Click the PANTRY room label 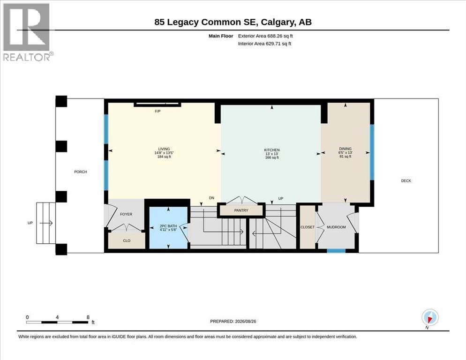pyautogui.click(x=241, y=210)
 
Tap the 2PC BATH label pyautogui.click(x=168, y=226)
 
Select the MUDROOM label pyautogui.click(x=336, y=227)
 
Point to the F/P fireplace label pyautogui.click(x=158, y=111)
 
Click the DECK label pyautogui.click(x=406, y=181)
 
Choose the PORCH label pyautogui.click(x=81, y=172)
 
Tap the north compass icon pyautogui.click(x=429, y=318)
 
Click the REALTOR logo pyautogui.click(x=28, y=32)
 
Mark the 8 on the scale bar pyautogui.click(x=88, y=317)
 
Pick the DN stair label pyautogui.click(x=211, y=198)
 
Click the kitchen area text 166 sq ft pyautogui.click(x=272, y=157)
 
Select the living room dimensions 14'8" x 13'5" pyautogui.click(x=164, y=153)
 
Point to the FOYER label pyautogui.click(x=126, y=214)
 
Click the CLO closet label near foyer pyautogui.click(x=127, y=240)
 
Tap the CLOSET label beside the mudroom pyautogui.click(x=307, y=227)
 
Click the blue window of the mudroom pyautogui.click(x=336, y=251)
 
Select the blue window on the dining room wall pyautogui.click(x=372, y=152)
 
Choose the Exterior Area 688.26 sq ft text pyautogui.click(x=265, y=36)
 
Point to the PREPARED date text pyautogui.click(x=233, y=322)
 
